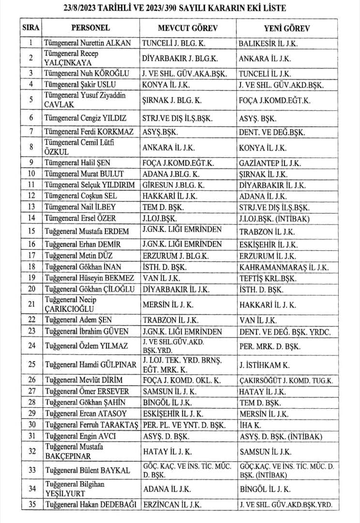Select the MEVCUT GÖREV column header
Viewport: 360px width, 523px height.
(188, 28)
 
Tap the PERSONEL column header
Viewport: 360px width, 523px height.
(90, 28)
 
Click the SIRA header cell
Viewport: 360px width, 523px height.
(31, 28)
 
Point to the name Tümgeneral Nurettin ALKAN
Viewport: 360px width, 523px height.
(87, 43)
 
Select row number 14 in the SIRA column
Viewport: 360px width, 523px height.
(31, 218)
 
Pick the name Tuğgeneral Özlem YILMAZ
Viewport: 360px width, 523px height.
(86, 346)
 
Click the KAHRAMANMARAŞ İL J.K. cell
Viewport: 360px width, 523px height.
(284, 267)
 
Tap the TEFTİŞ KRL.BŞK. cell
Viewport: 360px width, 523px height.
(268, 278)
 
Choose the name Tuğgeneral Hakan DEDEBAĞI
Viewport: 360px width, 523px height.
(90, 505)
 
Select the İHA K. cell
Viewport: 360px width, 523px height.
(251, 425)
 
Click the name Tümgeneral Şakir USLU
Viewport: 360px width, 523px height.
(80, 84)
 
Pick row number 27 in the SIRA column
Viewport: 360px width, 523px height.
(31, 391)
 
